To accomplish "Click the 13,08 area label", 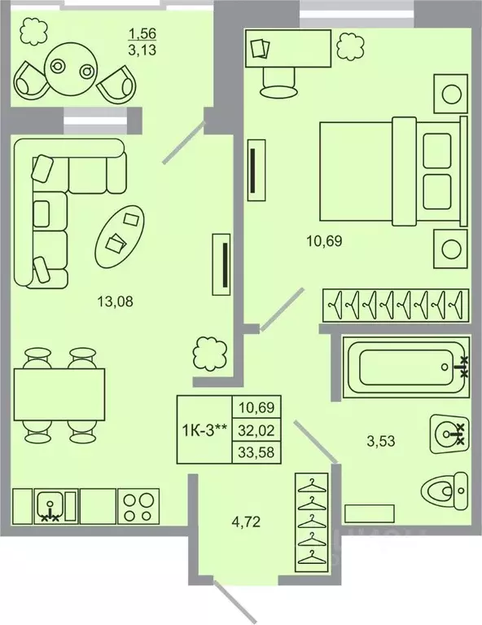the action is pyautogui.click(x=115, y=301).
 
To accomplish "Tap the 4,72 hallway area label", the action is pyautogui.click(x=246, y=521).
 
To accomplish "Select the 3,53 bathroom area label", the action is pyautogui.click(x=381, y=441).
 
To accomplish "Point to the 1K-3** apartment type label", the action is pyautogui.click(x=204, y=430).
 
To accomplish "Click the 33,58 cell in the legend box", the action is pyautogui.click(x=256, y=452).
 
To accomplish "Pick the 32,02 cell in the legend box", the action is pyautogui.click(x=256, y=430).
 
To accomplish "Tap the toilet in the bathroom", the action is pyautogui.click(x=445, y=490).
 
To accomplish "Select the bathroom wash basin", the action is pyautogui.click(x=449, y=434).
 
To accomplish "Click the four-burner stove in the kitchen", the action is pyautogui.click(x=138, y=506).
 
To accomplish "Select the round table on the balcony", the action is pyautogui.click(x=71, y=68).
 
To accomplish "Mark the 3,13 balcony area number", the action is pyautogui.click(x=142, y=50).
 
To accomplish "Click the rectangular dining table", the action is pyautogui.click(x=59, y=394).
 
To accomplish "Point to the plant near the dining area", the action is pyautogui.click(x=211, y=352).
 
